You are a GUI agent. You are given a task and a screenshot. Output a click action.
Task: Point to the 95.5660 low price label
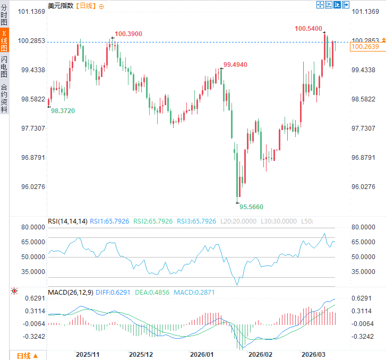click(251, 207)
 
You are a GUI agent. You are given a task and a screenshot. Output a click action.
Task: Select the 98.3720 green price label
click(63, 110)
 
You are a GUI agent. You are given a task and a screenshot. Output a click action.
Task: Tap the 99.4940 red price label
click(235, 64)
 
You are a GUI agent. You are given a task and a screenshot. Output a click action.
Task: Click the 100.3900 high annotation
click(128, 34)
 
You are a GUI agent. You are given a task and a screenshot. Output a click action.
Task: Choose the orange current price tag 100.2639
click(365, 47)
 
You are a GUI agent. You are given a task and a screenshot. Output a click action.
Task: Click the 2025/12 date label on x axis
click(141, 354)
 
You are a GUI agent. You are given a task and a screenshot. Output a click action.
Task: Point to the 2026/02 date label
click(260, 354)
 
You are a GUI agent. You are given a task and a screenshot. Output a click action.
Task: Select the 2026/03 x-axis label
click(313, 354)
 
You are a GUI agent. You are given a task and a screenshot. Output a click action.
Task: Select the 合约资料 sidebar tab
click(4, 98)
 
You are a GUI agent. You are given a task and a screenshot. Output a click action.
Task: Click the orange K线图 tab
click(4, 41)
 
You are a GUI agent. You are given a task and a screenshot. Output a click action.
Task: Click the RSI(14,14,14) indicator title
click(67, 221)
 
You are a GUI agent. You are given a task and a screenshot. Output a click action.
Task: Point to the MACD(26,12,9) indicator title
click(70, 292)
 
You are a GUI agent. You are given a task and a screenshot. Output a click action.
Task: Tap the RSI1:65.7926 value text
click(108, 221)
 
